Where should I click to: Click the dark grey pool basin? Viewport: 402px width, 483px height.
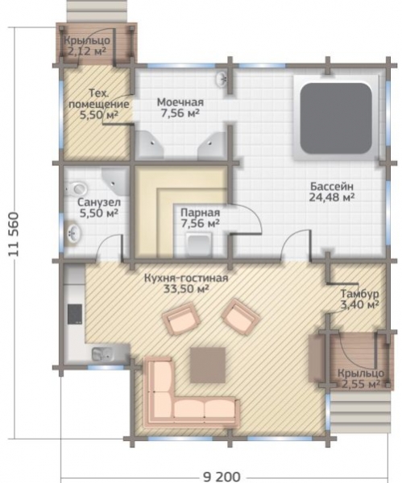[336, 118]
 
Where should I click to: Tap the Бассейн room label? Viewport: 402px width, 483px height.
[332, 187]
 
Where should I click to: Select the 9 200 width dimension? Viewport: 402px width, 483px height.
[222, 477]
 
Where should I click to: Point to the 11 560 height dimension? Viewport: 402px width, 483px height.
[14, 234]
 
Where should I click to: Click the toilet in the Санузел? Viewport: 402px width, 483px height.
[76, 188]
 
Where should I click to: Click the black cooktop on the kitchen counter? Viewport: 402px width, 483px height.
[75, 314]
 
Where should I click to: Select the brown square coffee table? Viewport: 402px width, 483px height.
[208, 365]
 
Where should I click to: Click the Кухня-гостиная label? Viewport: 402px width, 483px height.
[186, 279]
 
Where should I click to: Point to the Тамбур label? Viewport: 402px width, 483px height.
[359, 294]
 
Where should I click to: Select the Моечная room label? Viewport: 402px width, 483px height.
[180, 102]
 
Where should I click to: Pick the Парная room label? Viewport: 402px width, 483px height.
[201, 213]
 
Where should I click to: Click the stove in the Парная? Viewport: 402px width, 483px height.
[200, 244]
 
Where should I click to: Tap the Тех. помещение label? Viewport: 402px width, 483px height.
[98, 98]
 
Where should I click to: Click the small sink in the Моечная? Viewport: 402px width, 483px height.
[222, 79]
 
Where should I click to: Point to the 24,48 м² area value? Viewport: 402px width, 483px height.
[331, 197]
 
